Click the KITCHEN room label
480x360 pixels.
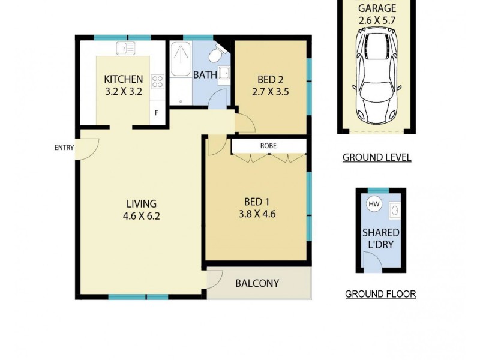click(124, 79)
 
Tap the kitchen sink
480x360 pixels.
click(126, 48)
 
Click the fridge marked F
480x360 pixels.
click(157, 113)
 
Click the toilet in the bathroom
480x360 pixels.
click(215, 55)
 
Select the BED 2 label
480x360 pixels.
click(270, 80)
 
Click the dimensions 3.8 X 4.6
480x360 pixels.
click(260, 213)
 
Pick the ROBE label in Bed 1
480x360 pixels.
click(268, 146)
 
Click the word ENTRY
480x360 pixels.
click(63, 148)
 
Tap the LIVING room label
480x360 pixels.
click(141, 203)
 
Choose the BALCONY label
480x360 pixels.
click(257, 283)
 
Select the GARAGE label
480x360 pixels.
click(377, 8)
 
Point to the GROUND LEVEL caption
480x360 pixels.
click(377, 158)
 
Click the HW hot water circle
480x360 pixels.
click(374, 204)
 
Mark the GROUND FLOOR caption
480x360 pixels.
click(380, 294)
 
